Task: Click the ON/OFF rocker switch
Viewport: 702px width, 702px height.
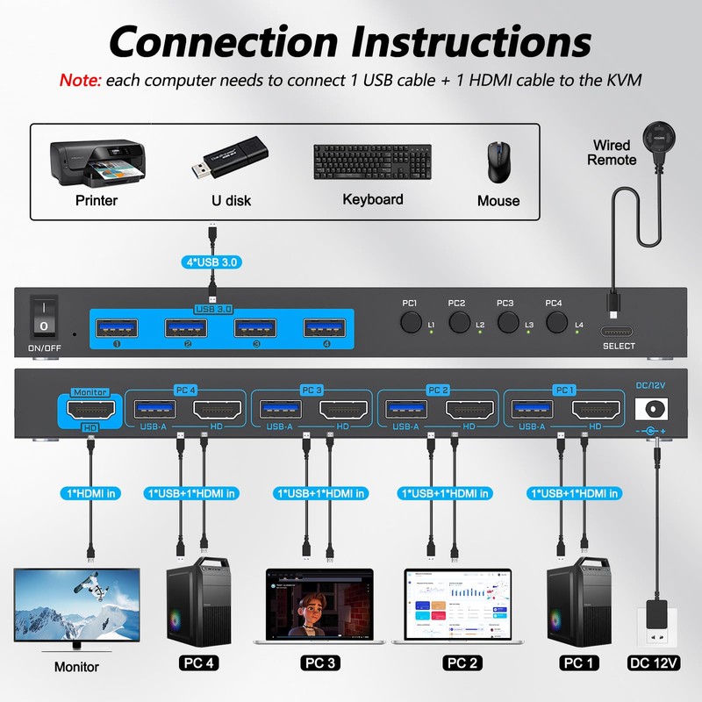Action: point(44,317)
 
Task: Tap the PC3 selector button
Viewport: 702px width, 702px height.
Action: point(505,322)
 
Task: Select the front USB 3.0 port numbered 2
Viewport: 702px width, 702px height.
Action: point(187,328)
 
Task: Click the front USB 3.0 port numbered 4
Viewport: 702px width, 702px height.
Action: point(324,328)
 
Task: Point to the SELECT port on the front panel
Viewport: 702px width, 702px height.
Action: point(618,332)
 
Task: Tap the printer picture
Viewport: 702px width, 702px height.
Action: point(97,162)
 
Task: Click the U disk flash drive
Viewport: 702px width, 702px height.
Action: point(231,161)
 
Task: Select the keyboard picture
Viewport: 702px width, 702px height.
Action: point(372,162)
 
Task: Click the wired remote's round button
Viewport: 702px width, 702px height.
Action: point(657,138)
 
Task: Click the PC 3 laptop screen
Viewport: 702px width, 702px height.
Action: point(319,605)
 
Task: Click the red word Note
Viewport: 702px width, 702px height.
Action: point(80,80)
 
